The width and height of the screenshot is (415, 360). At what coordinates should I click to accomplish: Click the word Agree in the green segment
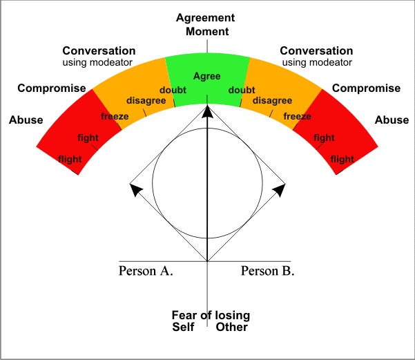pos(207,76)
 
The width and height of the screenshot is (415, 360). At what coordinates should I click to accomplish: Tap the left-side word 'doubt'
pos(173,91)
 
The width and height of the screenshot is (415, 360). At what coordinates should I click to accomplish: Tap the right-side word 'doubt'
pos(241,91)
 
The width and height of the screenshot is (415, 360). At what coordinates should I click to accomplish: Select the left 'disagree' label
pos(144,102)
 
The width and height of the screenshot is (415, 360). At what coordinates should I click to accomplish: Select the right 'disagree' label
pos(272,102)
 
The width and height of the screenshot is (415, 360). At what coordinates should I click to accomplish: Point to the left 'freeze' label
pos(115,116)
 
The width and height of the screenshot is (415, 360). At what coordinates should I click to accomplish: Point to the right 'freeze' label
pos(297,116)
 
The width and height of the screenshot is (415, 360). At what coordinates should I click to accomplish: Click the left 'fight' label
pos(88,138)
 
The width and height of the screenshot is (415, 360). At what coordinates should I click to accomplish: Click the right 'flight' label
pos(342,160)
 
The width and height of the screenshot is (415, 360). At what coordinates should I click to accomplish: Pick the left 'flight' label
pos(70,160)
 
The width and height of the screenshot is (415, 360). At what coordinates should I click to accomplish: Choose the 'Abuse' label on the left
pos(26,120)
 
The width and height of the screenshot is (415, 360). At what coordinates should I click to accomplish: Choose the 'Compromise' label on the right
pos(366,88)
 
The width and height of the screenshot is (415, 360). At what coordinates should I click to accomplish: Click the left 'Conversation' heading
pos(99,51)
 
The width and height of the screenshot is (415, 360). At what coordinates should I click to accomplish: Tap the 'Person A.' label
pos(146,271)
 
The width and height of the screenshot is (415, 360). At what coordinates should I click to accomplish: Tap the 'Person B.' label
pos(267,271)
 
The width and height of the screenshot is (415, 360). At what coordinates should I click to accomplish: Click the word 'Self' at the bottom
pos(184,327)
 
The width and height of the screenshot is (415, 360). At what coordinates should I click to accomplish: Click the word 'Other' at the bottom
pos(231,327)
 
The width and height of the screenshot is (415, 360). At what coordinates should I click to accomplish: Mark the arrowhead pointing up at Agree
pos(207,111)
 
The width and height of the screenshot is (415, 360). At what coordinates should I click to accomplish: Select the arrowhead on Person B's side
pos(280,189)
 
